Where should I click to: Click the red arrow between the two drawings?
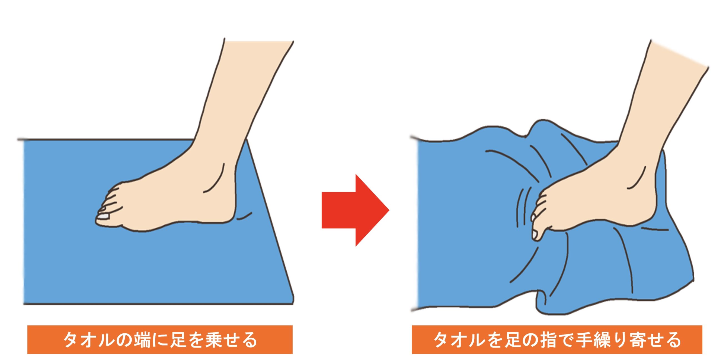[x=355, y=210]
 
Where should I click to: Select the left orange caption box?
[x=160, y=339]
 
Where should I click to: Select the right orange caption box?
[x=557, y=339]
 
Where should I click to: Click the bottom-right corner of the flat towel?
[x=293, y=304]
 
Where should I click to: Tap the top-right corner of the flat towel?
[x=247, y=139]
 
